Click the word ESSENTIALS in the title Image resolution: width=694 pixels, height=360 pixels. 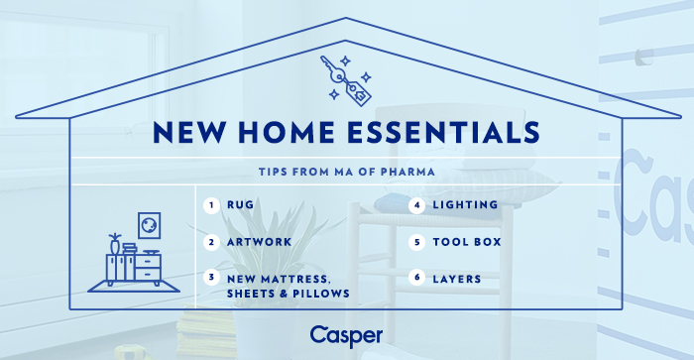pyautogui.click(x=444, y=133)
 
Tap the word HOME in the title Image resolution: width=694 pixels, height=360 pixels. pyautogui.click(x=286, y=133)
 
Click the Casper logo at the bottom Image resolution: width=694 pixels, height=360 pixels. pyautogui.click(x=346, y=336)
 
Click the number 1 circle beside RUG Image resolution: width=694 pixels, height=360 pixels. pyautogui.click(x=211, y=205)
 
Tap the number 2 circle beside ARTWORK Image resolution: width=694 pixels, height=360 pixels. pyautogui.click(x=211, y=242)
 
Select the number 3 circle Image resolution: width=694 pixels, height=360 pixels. pyautogui.click(x=211, y=278)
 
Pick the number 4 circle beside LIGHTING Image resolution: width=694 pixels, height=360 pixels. pyautogui.click(x=417, y=205)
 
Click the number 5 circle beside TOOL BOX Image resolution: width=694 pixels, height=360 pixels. pyautogui.click(x=417, y=242)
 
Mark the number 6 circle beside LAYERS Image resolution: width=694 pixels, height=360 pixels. pyautogui.click(x=417, y=278)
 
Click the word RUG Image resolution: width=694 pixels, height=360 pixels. pyautogui.click(x=240, y=205)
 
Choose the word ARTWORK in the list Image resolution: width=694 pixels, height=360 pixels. pyautogui.click(x=260, y=242)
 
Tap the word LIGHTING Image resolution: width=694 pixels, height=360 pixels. pyautogui.click(x=465, y=205)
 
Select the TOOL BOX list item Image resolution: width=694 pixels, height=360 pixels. pyautogui.click(x=467, y=242)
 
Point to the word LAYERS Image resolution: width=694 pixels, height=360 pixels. pyautogui.click(x=457, y=280)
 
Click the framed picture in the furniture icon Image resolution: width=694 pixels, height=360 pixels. pyautogui.click(x=149, y=225)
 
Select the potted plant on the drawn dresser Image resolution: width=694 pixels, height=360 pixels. pyautogui.click(x=115, y=244)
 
